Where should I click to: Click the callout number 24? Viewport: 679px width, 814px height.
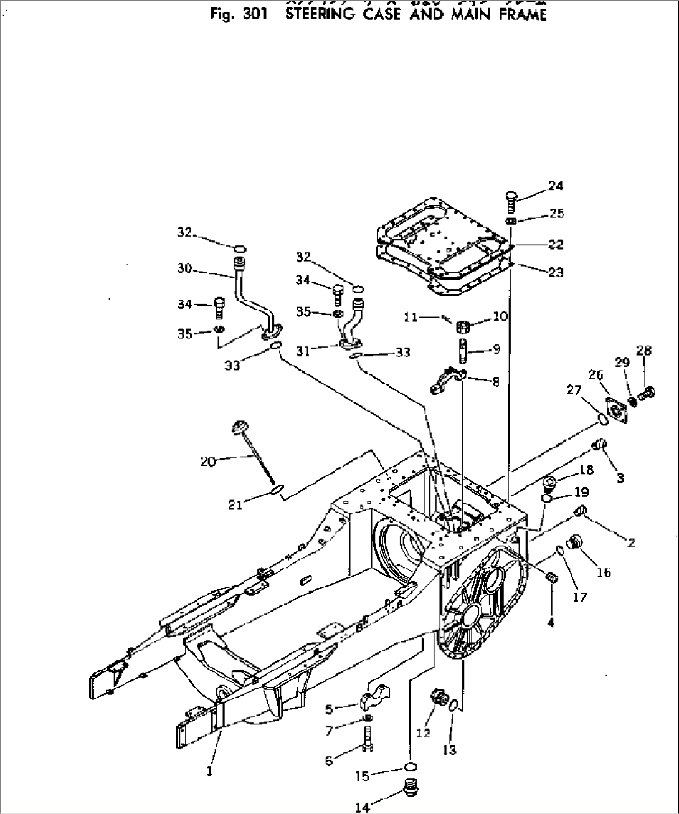(x=556, y=186)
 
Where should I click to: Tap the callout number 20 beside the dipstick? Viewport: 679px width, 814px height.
(x=207, y=461)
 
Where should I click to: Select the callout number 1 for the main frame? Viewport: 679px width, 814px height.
(x=209, y=771)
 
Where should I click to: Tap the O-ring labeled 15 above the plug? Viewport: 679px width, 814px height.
(x=409, y=765)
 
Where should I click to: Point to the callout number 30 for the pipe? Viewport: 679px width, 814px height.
(x=184, y=269)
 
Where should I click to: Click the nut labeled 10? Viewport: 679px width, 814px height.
(x=463, y=326)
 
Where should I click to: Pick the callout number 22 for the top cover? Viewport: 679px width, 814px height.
(x=555, y=245)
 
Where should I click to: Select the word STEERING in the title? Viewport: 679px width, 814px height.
(x=320, y=15)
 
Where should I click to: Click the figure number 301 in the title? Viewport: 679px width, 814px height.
(x=256, y=15)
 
